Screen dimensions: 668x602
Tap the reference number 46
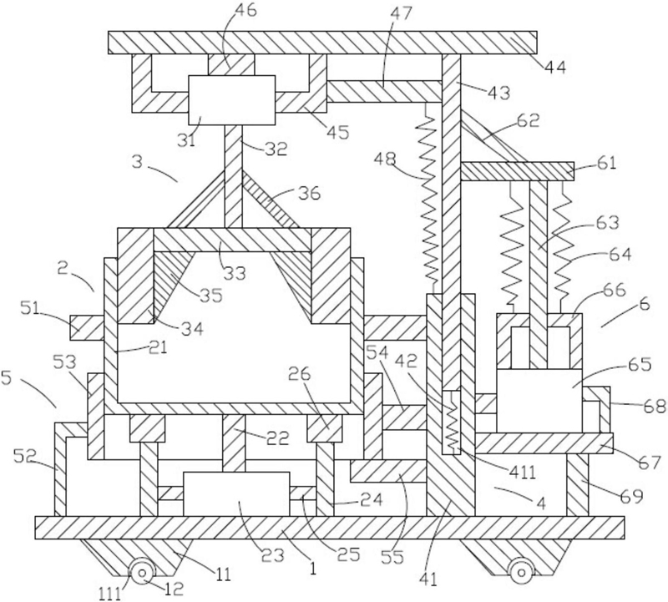[245, 11]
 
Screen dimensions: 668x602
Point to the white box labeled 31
[231, 100]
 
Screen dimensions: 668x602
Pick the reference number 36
[309, 194]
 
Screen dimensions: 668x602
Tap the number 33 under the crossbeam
[235, 273]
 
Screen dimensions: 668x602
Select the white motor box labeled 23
[236, 493]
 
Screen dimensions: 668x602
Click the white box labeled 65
[539, 401]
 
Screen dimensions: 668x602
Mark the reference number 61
[606, 163]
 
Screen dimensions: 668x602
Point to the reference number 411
[523, 472]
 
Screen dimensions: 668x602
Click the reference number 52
[24, 458]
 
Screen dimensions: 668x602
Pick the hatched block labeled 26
[324, 428]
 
